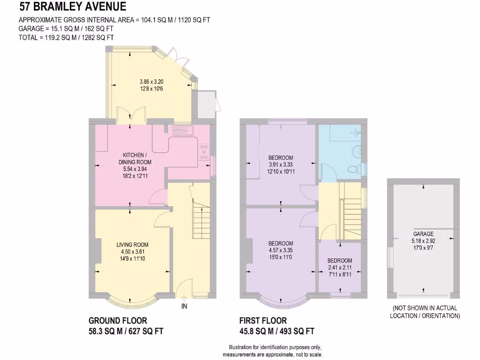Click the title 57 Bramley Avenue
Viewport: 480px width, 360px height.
[x=73, y=7]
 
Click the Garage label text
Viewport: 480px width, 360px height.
[x=423, y=233]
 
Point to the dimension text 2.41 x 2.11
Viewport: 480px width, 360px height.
[x=340, y=268]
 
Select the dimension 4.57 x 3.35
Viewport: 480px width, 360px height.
[x=281, y=250]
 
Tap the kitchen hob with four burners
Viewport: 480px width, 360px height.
[x=205, y=151]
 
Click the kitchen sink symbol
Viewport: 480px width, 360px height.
[x=183, y=130]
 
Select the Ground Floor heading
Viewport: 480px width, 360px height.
[x=118, y=321]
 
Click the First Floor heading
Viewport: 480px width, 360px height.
[x=262, y=321]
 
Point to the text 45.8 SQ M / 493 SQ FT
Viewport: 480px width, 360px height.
[x=277, y=331]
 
